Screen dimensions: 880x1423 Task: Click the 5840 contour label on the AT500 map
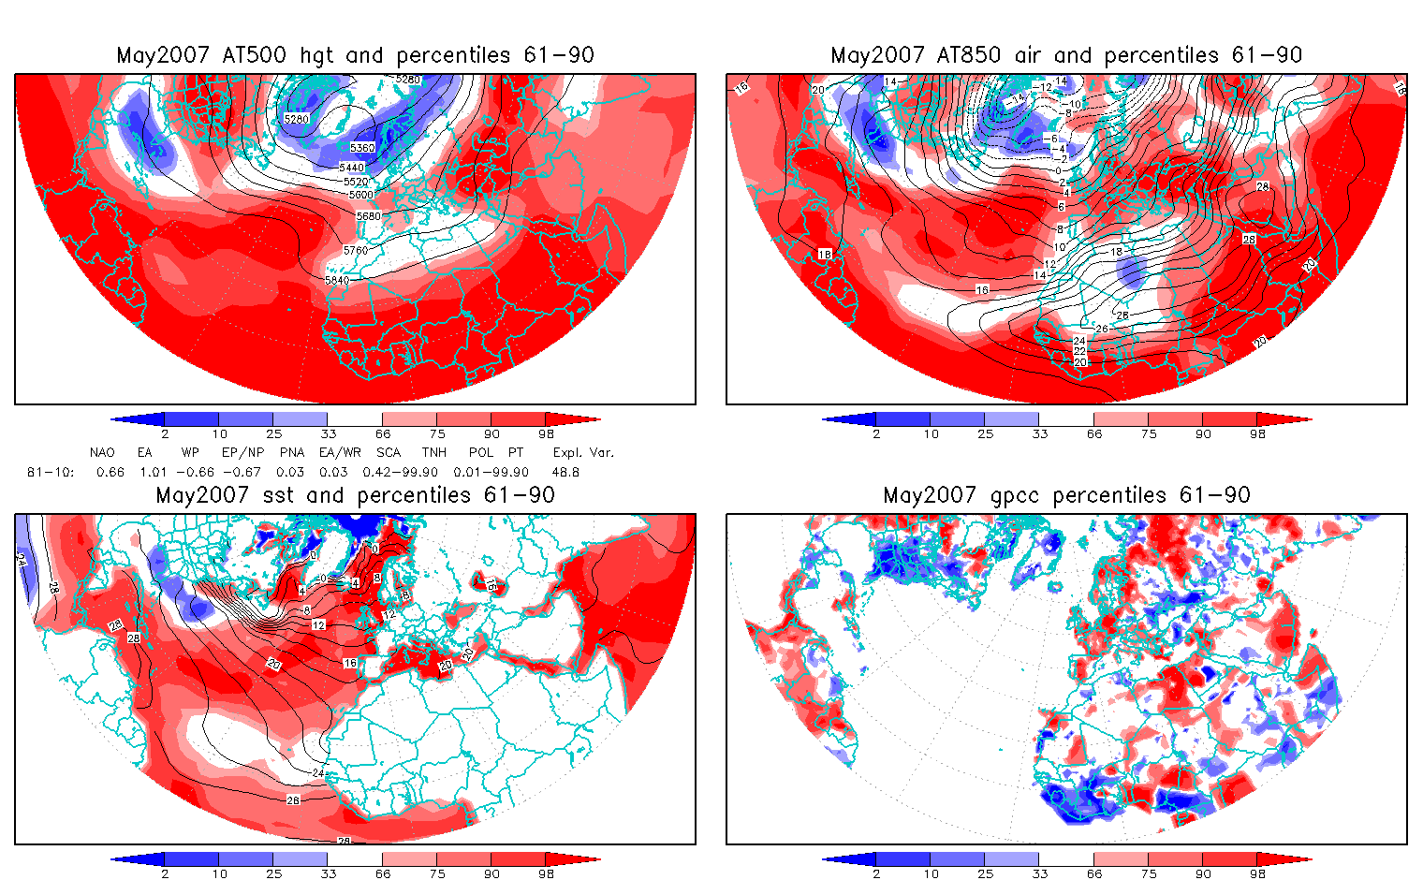[337, 280]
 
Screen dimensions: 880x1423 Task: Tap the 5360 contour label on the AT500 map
[362, 148]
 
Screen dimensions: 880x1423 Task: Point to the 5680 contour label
[369, 216]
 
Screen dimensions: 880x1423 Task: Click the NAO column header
[102, 452]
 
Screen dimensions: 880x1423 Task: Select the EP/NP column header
[242, 452]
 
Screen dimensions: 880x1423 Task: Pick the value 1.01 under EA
[154, 472]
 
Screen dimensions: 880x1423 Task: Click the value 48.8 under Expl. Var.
[565, 472]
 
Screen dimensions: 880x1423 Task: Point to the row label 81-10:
[51, 472]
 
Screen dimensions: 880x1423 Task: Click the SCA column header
[389, 452]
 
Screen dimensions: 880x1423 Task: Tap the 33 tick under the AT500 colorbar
[328, 433]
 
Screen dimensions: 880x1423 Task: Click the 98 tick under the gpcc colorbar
[1257, 873]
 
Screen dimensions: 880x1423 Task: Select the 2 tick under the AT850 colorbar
[876, 433]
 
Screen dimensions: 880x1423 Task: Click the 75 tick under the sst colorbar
[437, 873]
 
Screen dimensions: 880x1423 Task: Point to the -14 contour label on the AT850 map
[1017, 98]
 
